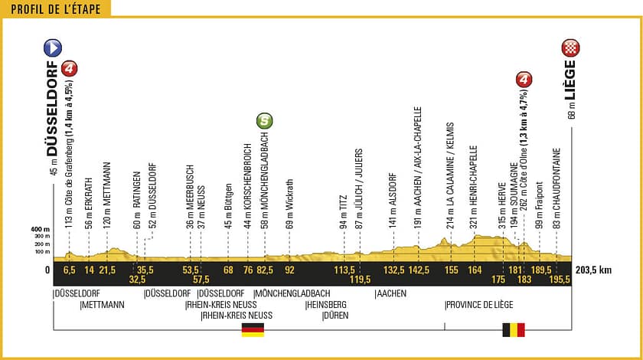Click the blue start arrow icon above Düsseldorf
(53, 48)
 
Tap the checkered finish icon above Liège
(570, 48)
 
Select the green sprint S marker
(264, 120)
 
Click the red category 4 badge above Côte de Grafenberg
(70, 69)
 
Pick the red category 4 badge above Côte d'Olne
(524, 79)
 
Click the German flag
(253, 329)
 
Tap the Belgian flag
(513, 329)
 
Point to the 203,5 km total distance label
(596, 270)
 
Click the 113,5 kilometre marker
(344, 270)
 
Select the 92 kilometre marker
(289, 270)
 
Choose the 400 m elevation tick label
(41, 229)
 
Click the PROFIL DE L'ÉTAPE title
(56, 8)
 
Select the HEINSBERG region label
(326, 304)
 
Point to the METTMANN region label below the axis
(103, 304)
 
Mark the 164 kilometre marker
(475, 270)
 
